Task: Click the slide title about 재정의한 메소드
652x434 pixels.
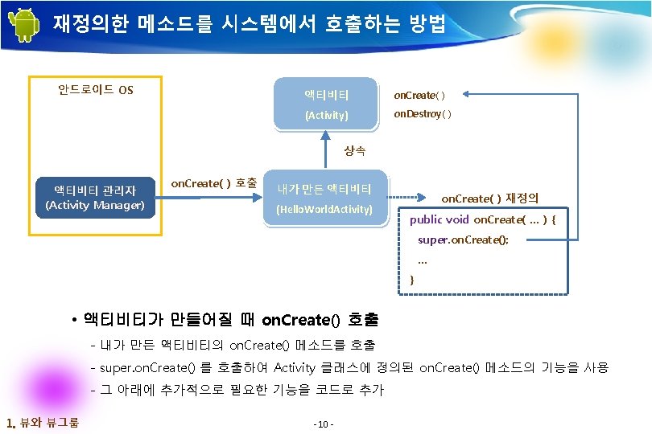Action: click(249, 24)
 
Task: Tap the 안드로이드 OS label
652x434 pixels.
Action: click(95, 89)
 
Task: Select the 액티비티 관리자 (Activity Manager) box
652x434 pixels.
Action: click(95, 198)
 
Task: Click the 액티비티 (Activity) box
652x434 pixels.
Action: click(326, 104)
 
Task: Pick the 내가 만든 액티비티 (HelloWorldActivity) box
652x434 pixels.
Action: click(324, 199)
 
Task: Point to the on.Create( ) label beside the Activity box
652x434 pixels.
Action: click(419, 95)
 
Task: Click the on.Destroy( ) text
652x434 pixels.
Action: click(422, 114)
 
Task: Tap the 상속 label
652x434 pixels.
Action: click(354, 150)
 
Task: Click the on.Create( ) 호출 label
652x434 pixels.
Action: click(213, 183)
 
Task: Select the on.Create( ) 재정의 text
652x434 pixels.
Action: click(489, 198)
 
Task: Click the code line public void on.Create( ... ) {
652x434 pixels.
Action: click(482, 219)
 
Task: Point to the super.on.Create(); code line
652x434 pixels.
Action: click(463, 240)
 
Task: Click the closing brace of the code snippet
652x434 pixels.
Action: click(413, 280)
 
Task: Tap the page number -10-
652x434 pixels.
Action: click(326, 424)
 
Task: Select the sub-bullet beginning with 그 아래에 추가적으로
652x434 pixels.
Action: click(241, 390)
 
